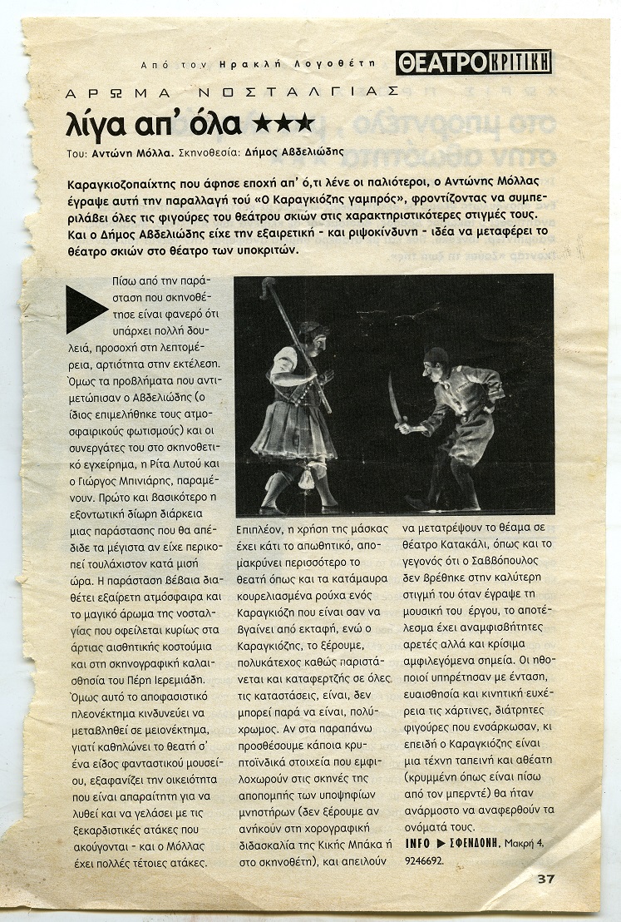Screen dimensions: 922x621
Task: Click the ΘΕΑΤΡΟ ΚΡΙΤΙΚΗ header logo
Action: (473, 62)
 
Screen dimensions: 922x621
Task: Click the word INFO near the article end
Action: (421, 844)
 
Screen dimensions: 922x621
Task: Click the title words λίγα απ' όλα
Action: (154, 124)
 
